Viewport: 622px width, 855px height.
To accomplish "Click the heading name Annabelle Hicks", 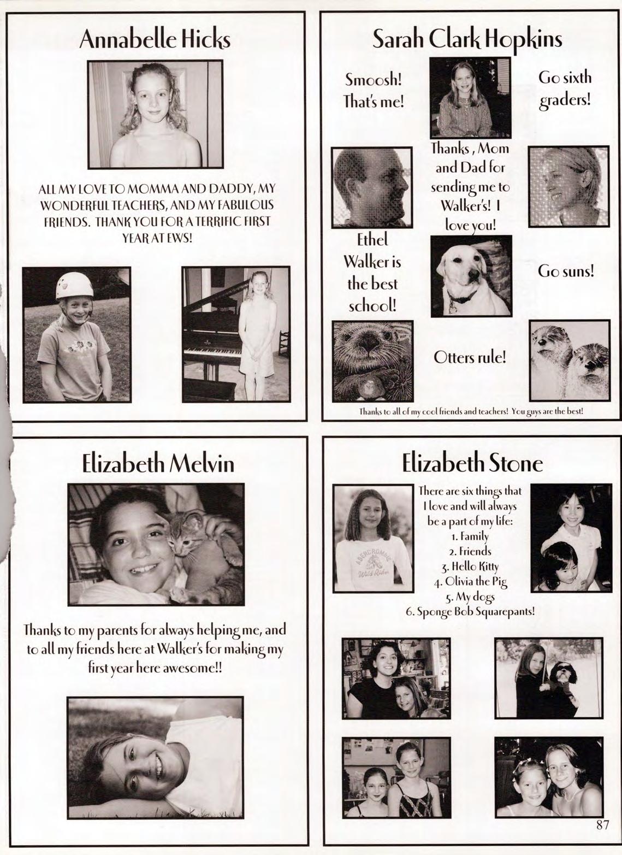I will click(155, 40).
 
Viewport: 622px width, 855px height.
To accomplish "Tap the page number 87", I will click(602, 825).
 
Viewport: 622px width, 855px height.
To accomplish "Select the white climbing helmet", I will click(74, 285).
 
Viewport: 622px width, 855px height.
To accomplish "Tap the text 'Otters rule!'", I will click(470, 357).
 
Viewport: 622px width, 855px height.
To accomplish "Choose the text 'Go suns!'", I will click(566, 271).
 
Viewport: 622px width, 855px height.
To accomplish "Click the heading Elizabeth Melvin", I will click(158, 464).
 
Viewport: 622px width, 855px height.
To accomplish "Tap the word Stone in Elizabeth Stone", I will click(516, 464).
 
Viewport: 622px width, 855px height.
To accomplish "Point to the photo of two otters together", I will click(569, 360).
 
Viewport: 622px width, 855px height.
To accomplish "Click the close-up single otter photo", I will click(372, 361).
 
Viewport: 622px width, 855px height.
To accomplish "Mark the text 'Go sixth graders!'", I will click(565, 89).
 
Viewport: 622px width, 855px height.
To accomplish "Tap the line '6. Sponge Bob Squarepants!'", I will click(470, 612).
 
